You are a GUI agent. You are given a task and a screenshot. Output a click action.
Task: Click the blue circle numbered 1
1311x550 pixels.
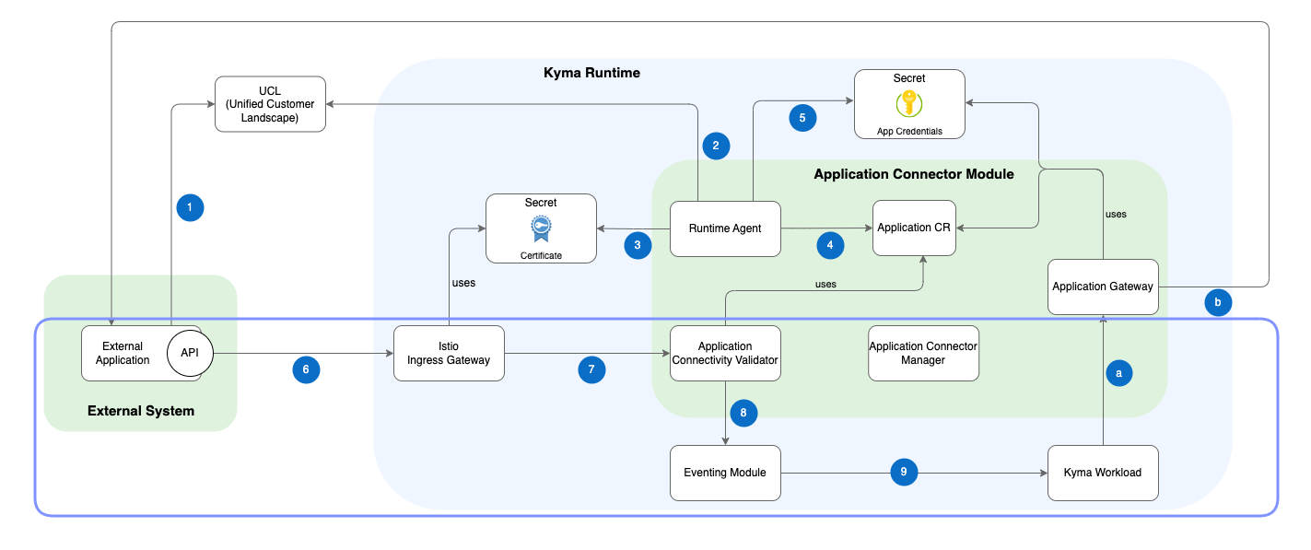pos(190,208)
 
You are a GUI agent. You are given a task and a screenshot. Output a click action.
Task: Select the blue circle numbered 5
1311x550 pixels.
pos(802,118)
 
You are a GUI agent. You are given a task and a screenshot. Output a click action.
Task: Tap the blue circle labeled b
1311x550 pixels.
pos(1218,302)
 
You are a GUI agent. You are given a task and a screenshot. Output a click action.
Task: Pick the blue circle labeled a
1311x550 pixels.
pos(1118,373)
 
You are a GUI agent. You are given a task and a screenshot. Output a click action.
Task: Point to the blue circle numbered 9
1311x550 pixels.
pos(904,472)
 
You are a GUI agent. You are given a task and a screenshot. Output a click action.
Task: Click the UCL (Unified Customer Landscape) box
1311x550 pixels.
pos(270,104)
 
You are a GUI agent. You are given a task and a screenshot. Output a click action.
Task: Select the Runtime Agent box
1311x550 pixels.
pos(726,228)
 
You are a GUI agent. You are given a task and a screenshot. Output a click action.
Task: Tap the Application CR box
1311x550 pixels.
pos(914,228)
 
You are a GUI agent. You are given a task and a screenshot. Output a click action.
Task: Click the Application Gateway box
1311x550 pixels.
pos(1102,287)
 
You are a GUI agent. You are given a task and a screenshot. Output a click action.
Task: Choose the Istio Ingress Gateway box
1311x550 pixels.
pos(449,353)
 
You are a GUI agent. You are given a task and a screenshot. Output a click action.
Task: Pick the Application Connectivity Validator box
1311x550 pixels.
pos(726,353)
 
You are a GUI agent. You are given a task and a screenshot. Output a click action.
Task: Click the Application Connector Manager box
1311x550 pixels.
pos(923,353)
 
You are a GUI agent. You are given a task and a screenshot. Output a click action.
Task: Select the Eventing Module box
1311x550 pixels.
pos(725,473)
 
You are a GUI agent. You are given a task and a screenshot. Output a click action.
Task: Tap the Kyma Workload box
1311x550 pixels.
pos(1102,473)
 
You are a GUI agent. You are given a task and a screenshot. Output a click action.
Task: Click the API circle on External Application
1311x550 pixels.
pos(189,353)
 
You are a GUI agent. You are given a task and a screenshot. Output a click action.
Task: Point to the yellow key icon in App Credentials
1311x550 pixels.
pos(909,103)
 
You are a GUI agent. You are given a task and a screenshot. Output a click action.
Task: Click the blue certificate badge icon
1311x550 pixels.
pos(541,228)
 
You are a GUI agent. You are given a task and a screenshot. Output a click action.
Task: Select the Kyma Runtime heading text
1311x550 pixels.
pos(591,73)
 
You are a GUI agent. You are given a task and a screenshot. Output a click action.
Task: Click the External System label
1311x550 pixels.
pos(141,411)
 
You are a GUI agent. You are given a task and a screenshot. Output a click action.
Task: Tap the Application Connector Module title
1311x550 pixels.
pos(914,174)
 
